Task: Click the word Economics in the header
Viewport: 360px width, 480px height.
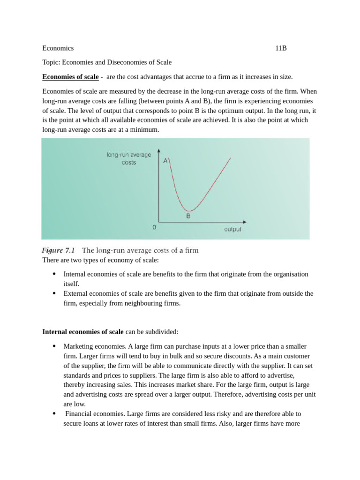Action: [58, 48]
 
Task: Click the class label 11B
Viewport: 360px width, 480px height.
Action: [281, 48]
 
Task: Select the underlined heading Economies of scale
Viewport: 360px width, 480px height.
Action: [70, 77]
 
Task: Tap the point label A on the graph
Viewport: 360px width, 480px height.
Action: [165, 161]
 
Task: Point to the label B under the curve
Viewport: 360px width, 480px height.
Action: [188, 217]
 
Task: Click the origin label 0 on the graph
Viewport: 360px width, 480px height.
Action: [154, 227]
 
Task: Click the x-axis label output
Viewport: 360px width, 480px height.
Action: [232, 229]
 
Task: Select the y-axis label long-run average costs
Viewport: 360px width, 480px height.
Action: [128, 158]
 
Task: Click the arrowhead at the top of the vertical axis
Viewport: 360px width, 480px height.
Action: [159, 151]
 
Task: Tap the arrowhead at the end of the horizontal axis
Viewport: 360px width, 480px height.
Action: [244, 222]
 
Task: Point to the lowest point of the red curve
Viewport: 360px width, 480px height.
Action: [188, 210]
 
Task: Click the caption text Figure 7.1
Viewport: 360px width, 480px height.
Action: [58, 250]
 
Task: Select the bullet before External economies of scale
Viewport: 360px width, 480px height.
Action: [54, 293]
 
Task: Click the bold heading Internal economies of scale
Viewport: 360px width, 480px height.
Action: [83, 332]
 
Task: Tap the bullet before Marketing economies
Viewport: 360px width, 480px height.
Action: [54, 346]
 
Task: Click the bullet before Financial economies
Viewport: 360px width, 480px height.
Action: [54, 414]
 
